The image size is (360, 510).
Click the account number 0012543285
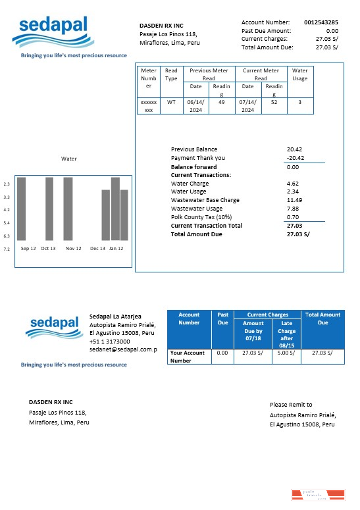[321, 22]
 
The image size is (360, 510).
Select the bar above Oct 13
[49, 208]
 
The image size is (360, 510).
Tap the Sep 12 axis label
[28, 249]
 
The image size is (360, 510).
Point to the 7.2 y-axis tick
[7, 249]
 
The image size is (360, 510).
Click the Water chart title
[68, 159]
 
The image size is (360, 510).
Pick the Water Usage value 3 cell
[299, 102]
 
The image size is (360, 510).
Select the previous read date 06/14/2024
[195, 106]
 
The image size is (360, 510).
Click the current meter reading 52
[274, 102]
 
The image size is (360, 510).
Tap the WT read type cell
[171, 102]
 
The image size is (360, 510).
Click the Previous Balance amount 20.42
[295, 149]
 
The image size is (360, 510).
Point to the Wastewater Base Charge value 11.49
[295, 200]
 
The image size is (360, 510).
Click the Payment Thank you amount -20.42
[295, 158]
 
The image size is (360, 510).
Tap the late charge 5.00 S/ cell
[286, 353]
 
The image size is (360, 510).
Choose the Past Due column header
[222, 319]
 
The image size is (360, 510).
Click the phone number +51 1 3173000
[109, 342]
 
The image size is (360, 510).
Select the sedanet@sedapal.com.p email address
[123, 349]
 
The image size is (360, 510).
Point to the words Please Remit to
[291, 405]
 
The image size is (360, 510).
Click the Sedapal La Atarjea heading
[115, 317]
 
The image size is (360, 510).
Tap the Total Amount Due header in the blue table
[322, 319]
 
